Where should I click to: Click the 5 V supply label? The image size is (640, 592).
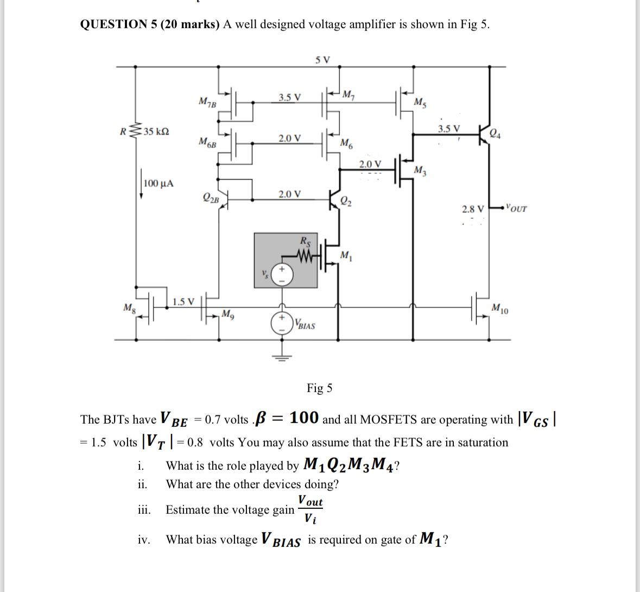tap(322, 59)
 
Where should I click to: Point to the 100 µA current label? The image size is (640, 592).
tap(159, 183)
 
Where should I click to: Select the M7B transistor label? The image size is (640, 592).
tap(207, 102)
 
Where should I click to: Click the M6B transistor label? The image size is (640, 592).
tap(207, 143)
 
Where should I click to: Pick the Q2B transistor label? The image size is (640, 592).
tap(211, 198)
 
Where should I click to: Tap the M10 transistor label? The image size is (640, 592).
tap(500, 309)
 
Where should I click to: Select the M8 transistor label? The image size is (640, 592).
tap(129, 308)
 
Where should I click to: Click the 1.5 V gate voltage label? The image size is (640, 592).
tap(183, 301)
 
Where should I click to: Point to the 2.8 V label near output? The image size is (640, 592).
tap(472, 209)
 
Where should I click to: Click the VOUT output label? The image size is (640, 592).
tap(515, 207)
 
